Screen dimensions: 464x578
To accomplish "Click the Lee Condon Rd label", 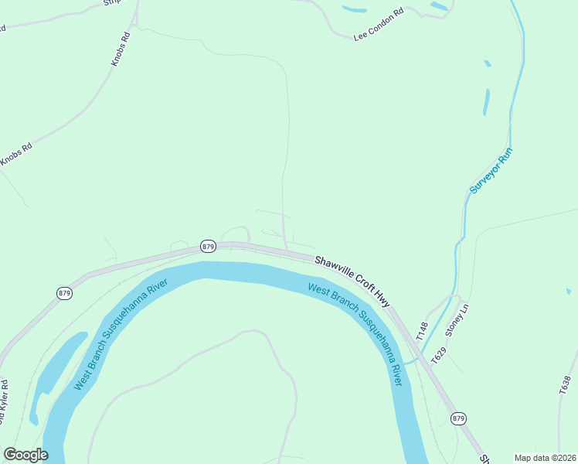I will tap(379, 25).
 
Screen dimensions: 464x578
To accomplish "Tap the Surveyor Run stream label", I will tap(491, 171).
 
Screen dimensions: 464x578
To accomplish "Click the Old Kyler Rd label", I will tap(3, 402).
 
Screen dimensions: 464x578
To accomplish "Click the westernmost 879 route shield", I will tap(64, 293).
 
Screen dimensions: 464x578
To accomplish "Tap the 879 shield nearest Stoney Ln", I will tap(459, 418).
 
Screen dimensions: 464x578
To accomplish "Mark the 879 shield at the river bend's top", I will tap(207, 246).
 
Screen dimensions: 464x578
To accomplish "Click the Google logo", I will tap(25, 455).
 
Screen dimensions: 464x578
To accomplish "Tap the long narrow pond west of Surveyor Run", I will tap(487, 102).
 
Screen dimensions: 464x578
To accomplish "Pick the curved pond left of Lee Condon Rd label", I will tap(355, 10).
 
